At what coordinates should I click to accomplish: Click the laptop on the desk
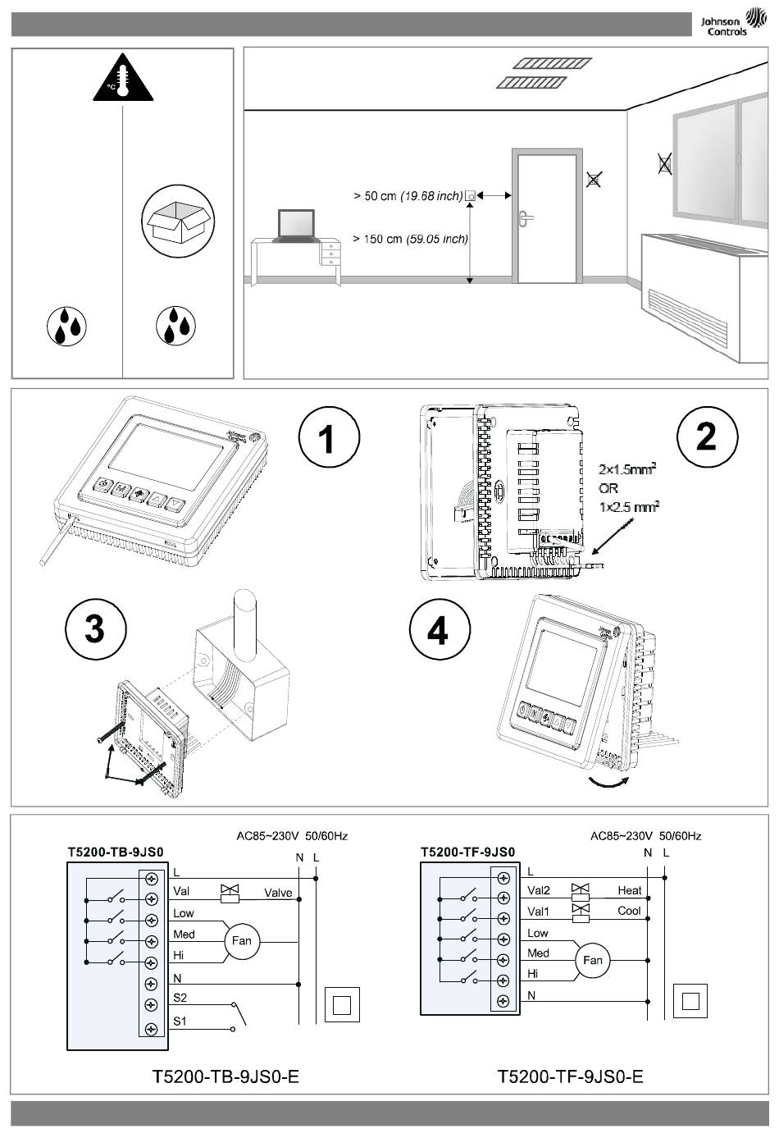pos(295,226)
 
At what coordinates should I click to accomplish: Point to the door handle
pos(525,217)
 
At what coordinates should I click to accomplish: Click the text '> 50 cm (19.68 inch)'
pos(408,196)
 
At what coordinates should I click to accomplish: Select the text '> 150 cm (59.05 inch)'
pos(410,239)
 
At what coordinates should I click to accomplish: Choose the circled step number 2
pos(707,436)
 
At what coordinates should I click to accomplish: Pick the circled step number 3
pos(96,629)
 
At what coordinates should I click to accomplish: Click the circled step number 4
pos(440,630)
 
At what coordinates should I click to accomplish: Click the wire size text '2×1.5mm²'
pos(628,470)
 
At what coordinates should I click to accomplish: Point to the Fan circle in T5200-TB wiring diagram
pos(241,940)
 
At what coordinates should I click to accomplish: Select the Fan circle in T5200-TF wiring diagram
pos(592,960)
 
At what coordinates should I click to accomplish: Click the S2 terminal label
pos(180,998)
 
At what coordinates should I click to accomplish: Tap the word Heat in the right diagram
pos(630,890)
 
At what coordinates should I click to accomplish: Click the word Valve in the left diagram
pos(278,893)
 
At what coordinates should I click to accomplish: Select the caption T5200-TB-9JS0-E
pos(225,1076)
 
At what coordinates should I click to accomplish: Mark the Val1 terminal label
pos(539,912)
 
